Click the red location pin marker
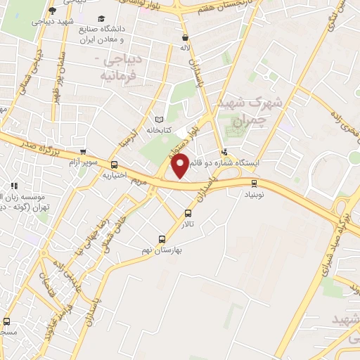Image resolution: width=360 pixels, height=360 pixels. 181,165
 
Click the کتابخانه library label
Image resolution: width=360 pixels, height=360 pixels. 160,130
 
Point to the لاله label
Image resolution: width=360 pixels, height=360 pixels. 184,49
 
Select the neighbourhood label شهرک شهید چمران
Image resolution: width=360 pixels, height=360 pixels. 250,111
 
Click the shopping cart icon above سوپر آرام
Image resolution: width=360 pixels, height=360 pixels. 84,151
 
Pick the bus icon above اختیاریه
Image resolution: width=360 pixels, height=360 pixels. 114,165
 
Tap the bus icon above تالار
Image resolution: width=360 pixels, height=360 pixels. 188,213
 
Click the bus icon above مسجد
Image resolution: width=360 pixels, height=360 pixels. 6,321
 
